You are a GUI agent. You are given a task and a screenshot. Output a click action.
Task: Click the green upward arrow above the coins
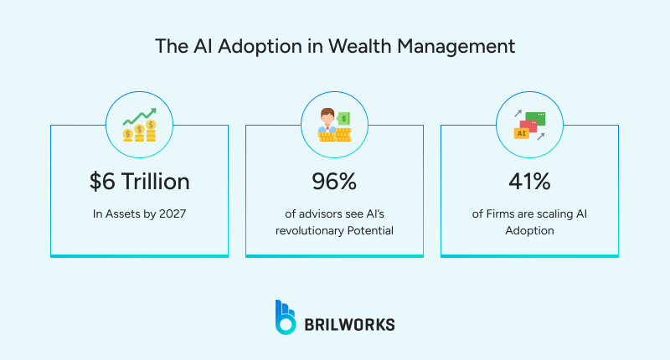pos(139,114)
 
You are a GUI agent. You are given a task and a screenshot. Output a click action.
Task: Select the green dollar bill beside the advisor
pos(344,118)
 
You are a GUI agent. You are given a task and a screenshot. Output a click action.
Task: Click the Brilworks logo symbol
pos(285,316)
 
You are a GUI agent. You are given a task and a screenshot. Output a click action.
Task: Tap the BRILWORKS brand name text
pos(350,322)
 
